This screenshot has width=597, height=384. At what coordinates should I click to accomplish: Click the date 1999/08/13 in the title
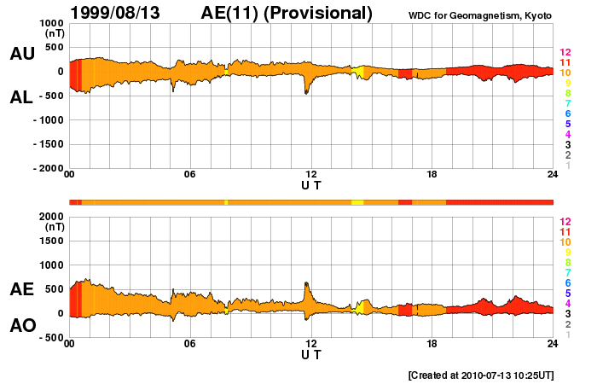point(119,13)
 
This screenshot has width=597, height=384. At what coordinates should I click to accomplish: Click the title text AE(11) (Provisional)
point(287,13)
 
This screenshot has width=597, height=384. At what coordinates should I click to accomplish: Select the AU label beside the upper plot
point(22,54)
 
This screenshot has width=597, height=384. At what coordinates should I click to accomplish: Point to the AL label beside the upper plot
point(22,97)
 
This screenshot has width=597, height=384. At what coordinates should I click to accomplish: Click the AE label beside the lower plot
point(22,290)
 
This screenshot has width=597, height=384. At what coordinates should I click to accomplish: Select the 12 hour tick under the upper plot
point(311,175)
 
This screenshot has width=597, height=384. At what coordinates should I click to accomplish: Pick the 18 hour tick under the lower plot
point(432,344)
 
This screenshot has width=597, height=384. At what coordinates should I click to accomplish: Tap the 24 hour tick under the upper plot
point(553,175)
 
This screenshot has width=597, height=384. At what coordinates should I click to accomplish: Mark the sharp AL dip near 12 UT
point(307,92)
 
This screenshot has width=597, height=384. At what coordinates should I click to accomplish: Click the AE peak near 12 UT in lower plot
point(306,284)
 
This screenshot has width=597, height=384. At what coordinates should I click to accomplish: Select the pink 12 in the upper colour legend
point(565,53)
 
